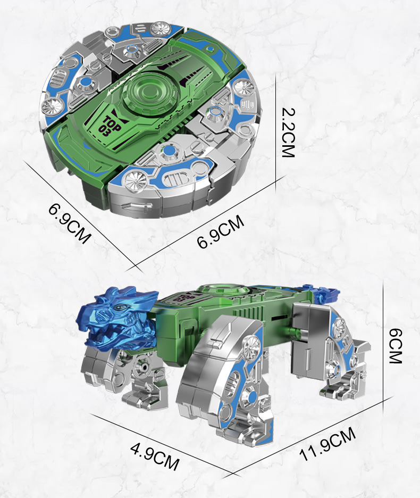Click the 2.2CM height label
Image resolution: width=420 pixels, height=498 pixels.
tap(288, 132)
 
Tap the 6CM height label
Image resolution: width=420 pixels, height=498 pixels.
tap(396, 346)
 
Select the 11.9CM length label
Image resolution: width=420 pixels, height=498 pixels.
tap(327, 444)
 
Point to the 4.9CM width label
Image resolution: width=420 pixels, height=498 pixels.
tap(155, 456)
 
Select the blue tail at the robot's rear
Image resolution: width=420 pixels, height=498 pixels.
tap(318, 293)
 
